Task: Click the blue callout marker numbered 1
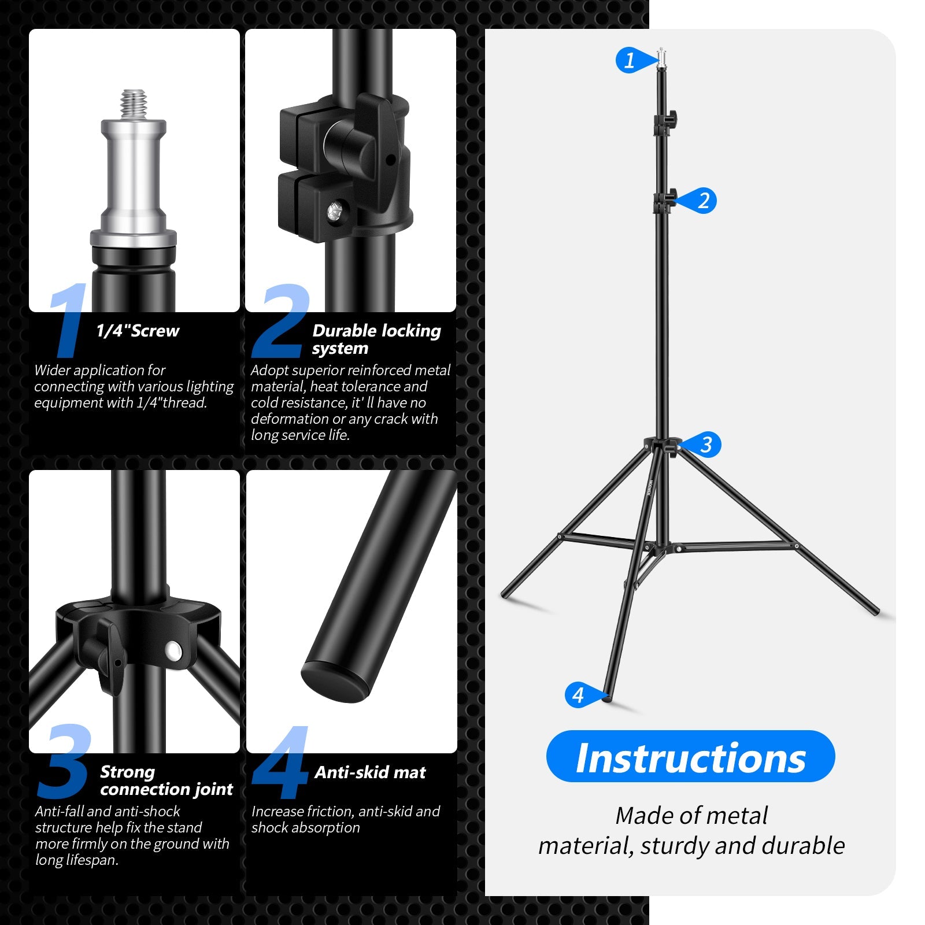click(630, 60)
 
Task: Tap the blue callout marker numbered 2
click(702, 201)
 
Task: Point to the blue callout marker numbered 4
click(579, 694)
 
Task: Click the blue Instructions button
click(690, 757)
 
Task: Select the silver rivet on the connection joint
click(172, 651)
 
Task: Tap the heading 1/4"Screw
click(138, 331)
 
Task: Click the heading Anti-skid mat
click(370, 772)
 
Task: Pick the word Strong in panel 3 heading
click(127, 772)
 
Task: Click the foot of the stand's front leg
click(606, 698)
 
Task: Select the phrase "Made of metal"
click(691, 816)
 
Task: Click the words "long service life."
click(300, 435)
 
